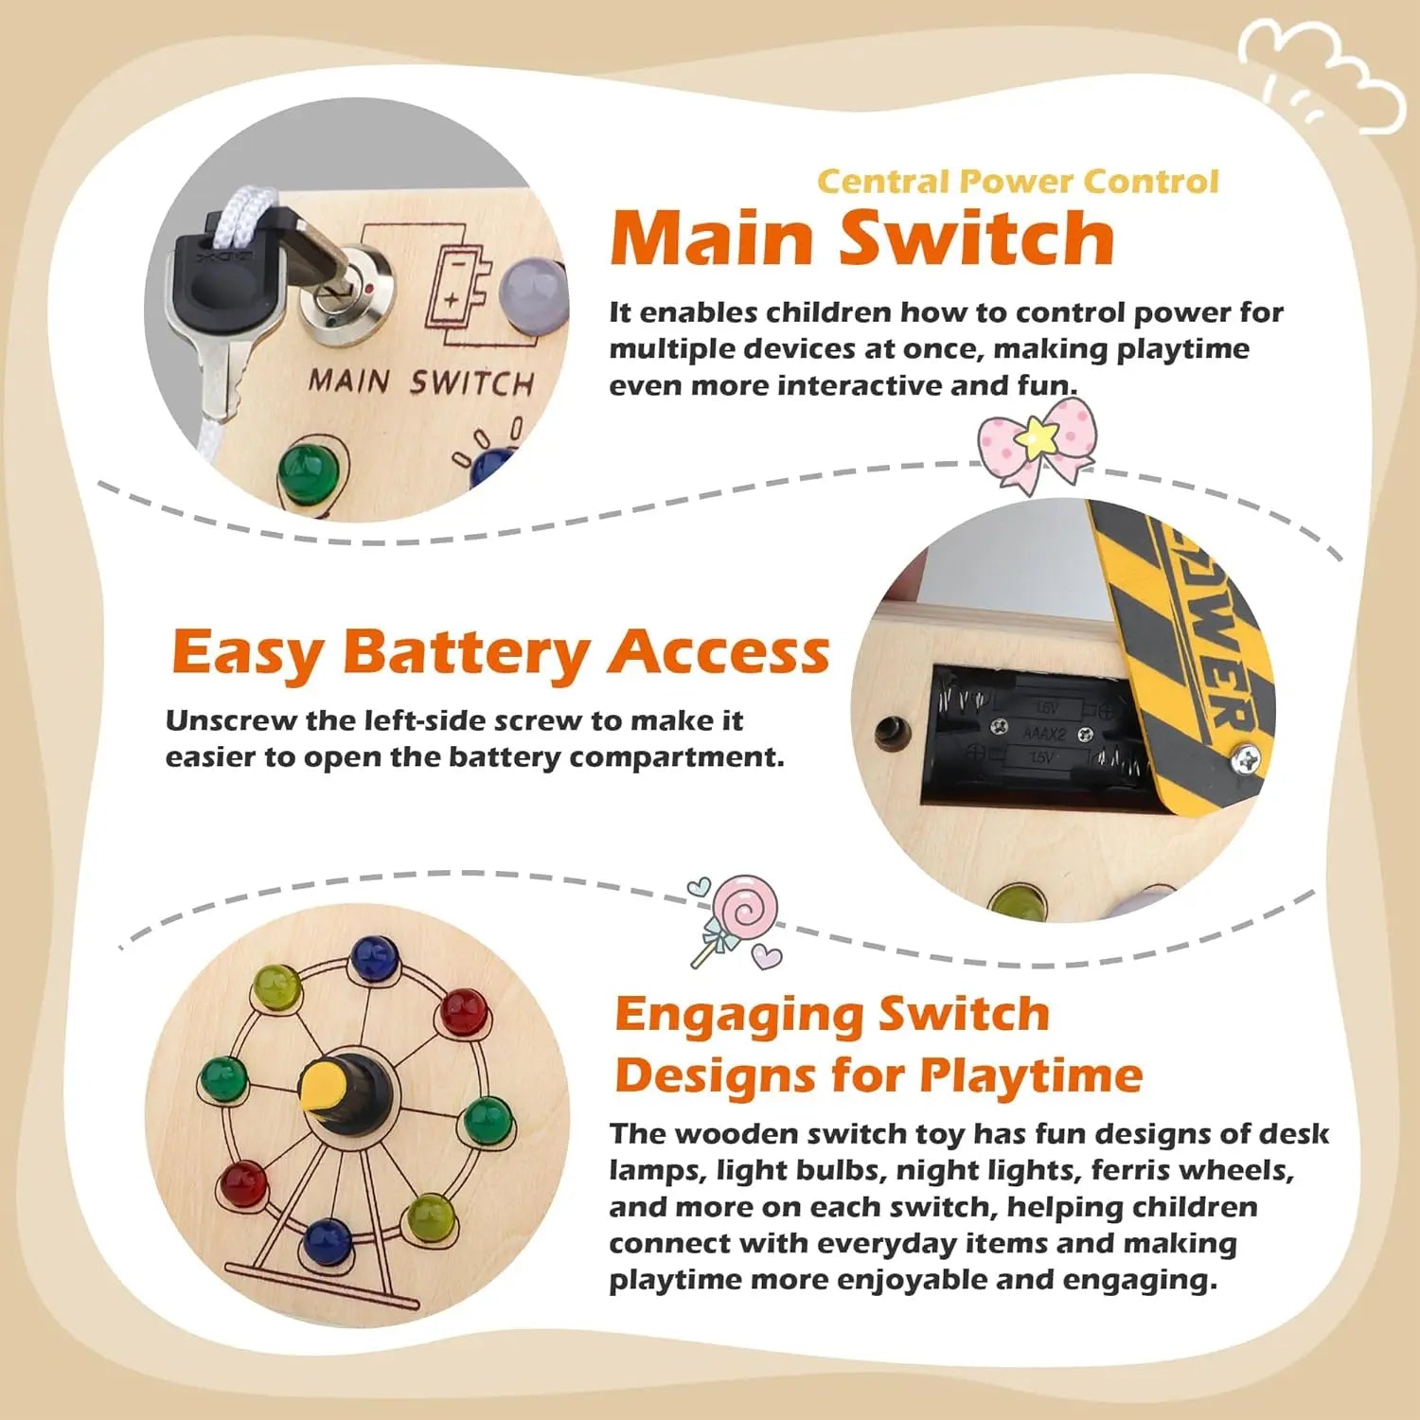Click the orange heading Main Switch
click(x=861, y=239)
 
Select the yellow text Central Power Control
click(x=1018, y=181)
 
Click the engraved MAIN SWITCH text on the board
click(x=421, y=382)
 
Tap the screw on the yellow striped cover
click(x=1248, y=758)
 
